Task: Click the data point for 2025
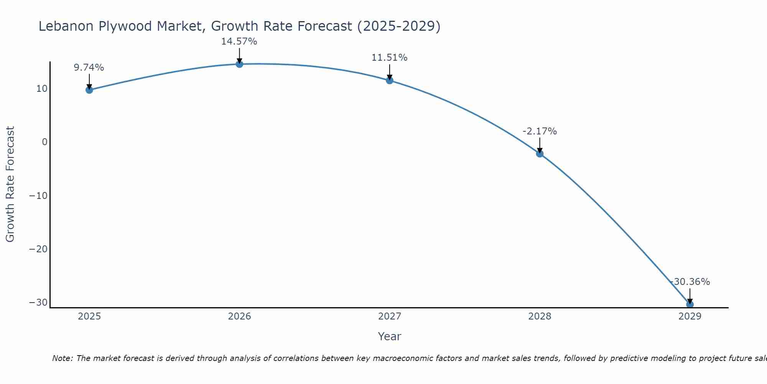(89, 90)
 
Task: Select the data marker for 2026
(239, 64)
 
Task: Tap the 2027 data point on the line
(390, 80)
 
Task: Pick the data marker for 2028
(540, 154)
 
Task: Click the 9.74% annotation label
(89, 68)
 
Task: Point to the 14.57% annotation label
(239, 41)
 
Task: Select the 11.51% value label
(389, 58)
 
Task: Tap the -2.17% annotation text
(540, 131)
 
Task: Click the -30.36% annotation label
(690, 282)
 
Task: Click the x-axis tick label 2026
(239, 316)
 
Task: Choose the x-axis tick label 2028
(540, 316)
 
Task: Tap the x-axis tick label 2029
(690, 316)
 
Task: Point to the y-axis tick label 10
(42, 89)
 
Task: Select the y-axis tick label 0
(44, 142)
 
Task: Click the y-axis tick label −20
(38, 249)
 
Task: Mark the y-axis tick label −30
(38, 303)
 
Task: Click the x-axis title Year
(389, 336)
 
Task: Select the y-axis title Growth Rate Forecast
(10, 184)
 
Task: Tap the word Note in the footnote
(62, 358)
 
